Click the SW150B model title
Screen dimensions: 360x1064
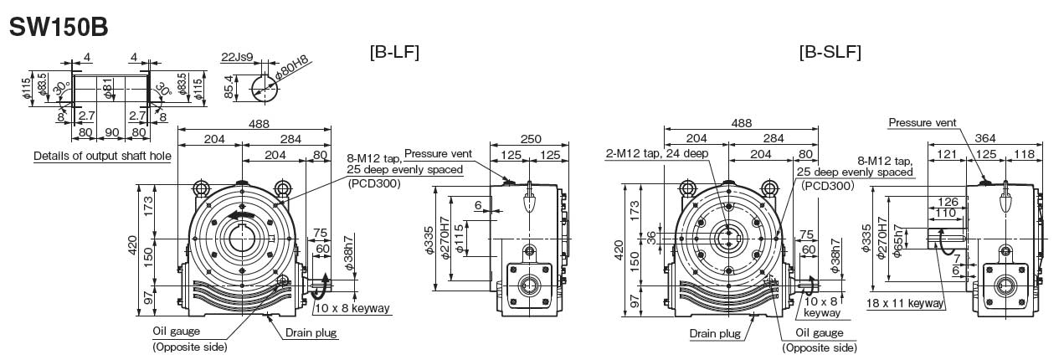58,26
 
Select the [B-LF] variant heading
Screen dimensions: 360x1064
393,52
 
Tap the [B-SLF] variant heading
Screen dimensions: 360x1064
830,52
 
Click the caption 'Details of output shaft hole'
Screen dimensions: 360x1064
101,157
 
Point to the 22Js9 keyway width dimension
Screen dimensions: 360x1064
237,57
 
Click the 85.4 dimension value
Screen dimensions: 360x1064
229,86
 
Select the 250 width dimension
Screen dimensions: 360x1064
531,139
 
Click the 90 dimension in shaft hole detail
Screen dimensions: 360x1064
111,131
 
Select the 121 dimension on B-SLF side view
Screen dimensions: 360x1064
946,153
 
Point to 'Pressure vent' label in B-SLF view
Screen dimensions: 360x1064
923,122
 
